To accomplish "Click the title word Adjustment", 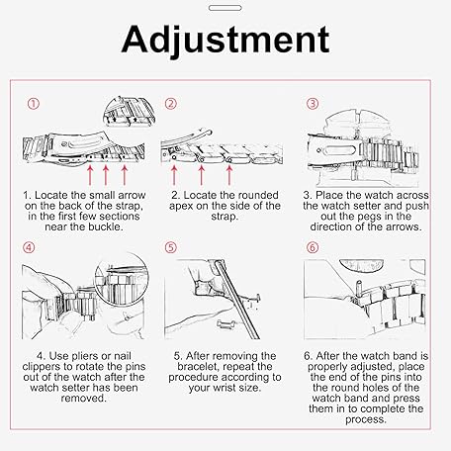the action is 225,40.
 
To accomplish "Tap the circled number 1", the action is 33,104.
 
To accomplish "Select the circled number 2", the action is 171,104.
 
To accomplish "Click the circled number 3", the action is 313,104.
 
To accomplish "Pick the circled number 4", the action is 29,247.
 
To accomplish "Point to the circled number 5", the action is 171,247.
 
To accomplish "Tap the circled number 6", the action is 313,247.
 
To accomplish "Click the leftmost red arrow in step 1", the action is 90,175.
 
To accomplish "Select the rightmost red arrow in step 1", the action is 125,175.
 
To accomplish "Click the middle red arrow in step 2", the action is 202,175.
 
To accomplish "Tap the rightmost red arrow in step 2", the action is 229,175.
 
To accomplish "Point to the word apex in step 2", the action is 181,207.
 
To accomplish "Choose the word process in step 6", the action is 366,419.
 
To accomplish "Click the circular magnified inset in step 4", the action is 122,279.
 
